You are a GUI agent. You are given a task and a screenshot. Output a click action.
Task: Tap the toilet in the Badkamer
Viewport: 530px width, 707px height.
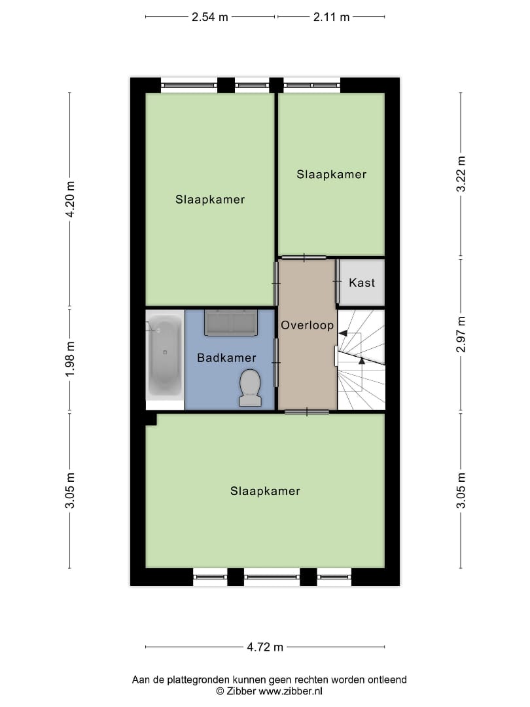coord(250,387)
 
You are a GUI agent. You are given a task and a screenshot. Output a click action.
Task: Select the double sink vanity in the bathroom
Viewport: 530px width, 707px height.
coord(231,322)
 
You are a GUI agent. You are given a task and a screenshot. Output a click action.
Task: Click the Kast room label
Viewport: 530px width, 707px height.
coord(362,283)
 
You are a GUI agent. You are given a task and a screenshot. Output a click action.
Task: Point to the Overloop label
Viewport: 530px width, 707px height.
coord(308,325)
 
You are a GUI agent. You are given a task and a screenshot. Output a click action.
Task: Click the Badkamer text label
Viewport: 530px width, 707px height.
coord(226,358)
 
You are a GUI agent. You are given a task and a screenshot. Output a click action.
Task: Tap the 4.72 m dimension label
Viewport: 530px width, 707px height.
coord(265,647)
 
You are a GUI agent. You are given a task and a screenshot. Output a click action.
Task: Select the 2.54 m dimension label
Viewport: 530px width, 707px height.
coord(210,18)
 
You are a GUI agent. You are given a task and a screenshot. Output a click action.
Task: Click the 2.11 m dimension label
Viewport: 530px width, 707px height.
coord(331,18)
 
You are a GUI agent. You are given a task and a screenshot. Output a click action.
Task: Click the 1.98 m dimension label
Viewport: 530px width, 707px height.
coord(70,359)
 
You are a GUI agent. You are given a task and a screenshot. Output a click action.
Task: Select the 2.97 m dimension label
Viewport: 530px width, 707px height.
coord(461,335)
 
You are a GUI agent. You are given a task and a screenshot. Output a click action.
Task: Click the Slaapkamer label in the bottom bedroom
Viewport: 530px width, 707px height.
coord(265,491)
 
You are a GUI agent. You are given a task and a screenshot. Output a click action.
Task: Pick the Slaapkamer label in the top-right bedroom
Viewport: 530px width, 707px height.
coord(331,175)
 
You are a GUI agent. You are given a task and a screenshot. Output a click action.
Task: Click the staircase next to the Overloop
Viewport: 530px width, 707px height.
coord(361,359)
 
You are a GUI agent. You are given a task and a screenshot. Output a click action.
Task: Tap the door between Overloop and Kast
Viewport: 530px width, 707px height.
coord(337,281)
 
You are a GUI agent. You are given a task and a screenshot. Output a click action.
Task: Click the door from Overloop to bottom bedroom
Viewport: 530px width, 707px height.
coord(307,412)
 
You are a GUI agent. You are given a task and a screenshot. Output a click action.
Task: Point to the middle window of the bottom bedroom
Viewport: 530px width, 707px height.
coord(272,577)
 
